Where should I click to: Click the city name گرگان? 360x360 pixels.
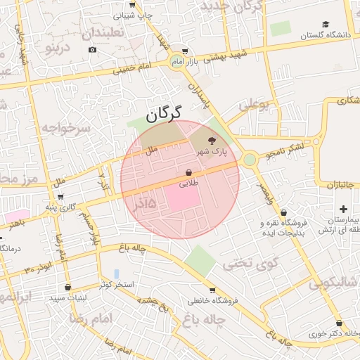pos(164,114)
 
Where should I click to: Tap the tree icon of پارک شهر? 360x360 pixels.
pos(213,141)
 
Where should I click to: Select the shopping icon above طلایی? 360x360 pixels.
pos(189,173)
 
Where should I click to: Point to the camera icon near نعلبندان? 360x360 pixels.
pos(93,49)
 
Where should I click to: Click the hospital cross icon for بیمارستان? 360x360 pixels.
pos(343,209)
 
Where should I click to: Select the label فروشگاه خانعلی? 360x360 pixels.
pos(214,301)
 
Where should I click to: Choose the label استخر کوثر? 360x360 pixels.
pos(115,284)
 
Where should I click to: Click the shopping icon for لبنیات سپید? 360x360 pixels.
pos(67,287)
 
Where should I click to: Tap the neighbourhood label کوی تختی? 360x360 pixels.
pos(245,264)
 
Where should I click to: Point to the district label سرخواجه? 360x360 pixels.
pos(65,128)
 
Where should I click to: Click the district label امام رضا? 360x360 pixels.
pos(87,319)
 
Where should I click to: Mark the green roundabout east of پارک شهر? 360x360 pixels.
pos(250,160)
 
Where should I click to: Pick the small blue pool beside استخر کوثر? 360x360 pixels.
pos(117,273)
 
